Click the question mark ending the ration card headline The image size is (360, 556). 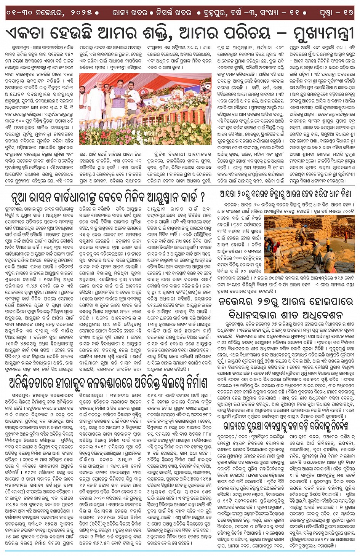point(202,197)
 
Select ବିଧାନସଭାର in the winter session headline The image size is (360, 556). point(250,315)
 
